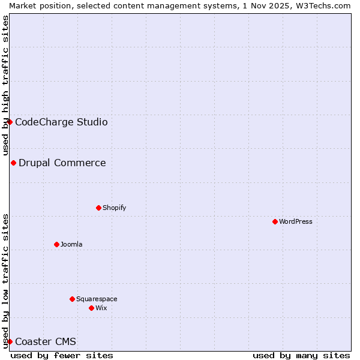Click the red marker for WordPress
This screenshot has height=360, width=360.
(275, 221)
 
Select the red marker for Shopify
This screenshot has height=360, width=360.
(98, 208)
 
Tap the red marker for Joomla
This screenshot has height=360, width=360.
(56, 244)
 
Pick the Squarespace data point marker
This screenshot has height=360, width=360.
(72, 299)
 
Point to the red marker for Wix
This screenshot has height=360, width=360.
(91, 308)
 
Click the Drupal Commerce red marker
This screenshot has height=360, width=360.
(13, 163)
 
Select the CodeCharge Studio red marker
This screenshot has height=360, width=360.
(10, 122)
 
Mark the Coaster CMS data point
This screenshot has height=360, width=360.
(10, 341)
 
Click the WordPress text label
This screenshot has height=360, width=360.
(296, 221)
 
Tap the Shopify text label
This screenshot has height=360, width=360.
(114, 208)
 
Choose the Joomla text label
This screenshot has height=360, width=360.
(71, 244)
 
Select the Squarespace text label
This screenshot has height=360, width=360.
(97, 299)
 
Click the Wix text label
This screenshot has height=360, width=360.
(101, 308)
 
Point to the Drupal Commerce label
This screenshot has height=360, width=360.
(62, 163)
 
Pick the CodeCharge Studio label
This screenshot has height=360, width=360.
(61, 122)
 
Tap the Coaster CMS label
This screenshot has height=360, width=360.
(46, 341)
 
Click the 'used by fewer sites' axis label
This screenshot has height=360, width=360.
(62, 355)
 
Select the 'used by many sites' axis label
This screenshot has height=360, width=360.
(301, 355)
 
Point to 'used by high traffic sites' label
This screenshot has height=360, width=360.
(5, 85)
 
